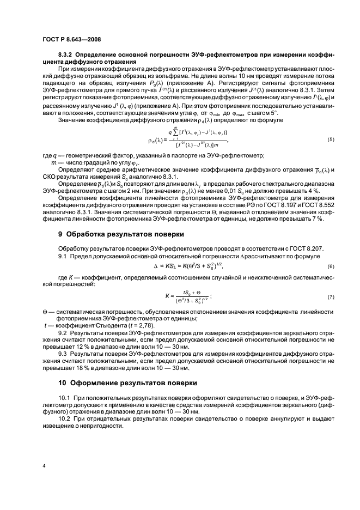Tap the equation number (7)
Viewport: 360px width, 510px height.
point(330,297)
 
